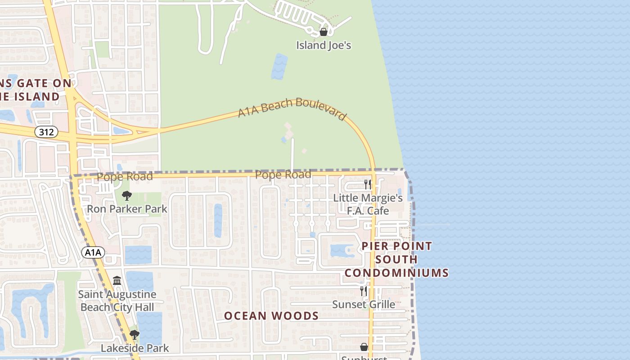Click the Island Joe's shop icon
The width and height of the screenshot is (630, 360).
click(323, 32)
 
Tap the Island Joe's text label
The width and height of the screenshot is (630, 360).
click(323, 45)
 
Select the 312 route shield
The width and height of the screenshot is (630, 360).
click(46, 132)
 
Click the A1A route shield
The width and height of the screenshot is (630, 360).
click(93, 252)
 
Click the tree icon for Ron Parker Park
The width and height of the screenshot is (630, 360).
click(127, 196)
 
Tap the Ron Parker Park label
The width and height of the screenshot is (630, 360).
click(127, 209)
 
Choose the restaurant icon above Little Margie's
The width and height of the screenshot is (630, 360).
click(368, 184)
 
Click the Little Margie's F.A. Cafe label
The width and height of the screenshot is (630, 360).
click(368, 204)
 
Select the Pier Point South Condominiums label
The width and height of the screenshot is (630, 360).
click(396, 259)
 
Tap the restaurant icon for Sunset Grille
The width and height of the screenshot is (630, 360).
click(364, 291)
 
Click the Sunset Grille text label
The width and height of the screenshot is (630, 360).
click(364, 305)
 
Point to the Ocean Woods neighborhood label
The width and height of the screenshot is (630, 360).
click(271, 316)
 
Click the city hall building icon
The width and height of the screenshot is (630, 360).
click(117, 281)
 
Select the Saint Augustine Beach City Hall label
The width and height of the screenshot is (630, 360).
click(117, 301)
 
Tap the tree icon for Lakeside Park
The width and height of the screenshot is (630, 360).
click(134, 335)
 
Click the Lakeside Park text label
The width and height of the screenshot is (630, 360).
click(135, 348)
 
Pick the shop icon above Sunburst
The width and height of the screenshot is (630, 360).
click(364, 347)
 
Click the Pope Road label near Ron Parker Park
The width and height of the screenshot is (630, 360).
click(125, 176)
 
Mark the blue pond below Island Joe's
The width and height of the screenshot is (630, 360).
click(279, 66)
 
